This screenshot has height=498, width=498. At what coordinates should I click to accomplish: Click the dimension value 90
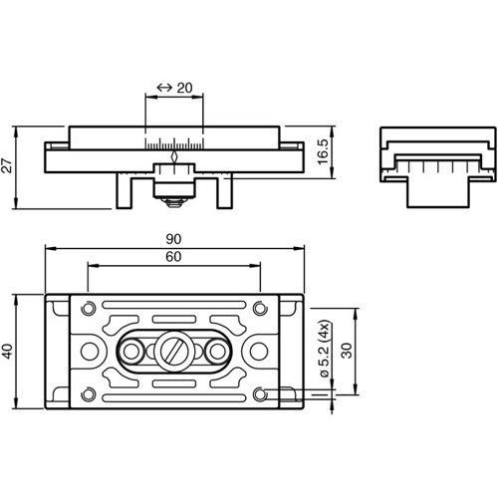point(174,239)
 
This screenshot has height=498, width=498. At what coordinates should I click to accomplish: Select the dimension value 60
point(174,258)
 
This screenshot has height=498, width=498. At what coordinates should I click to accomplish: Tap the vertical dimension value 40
point(10,352)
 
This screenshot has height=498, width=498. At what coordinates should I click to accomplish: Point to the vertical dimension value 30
point(346,351)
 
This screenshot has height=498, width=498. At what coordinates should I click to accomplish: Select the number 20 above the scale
point(183,88)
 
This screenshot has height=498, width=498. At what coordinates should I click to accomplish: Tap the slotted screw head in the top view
point(174,351)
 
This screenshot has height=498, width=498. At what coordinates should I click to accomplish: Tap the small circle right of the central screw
point(216,351)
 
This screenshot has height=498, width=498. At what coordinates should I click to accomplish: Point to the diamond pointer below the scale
point(174,155)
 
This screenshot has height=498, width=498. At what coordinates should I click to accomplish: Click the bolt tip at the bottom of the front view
point(174,203)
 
